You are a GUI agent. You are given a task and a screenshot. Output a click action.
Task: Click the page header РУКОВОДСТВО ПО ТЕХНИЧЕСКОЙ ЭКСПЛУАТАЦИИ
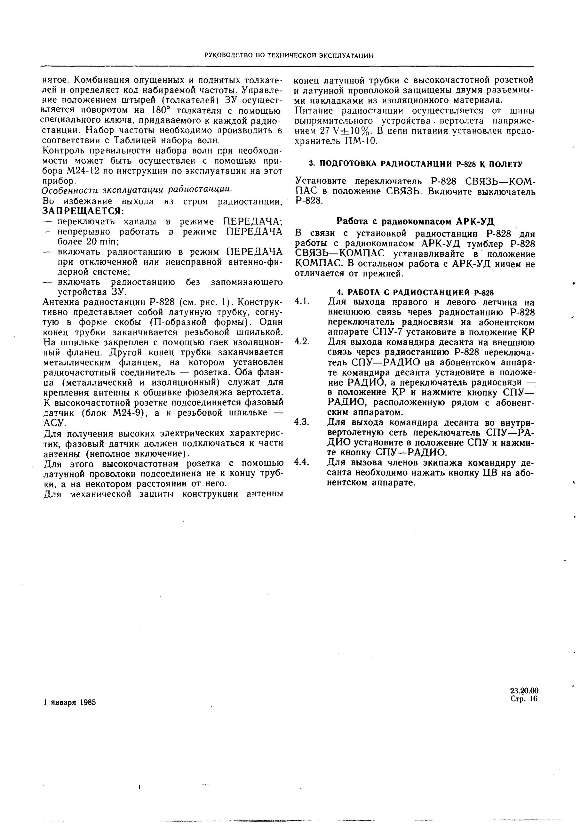click(x=289, y=55)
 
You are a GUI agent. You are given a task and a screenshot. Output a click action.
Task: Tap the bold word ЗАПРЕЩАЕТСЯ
click(x=83, y=211)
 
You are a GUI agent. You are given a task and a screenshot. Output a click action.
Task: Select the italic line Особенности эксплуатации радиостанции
click(x=137, y=189)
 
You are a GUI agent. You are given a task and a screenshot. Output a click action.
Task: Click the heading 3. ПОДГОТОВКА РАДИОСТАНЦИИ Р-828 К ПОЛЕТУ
click(x=416, y=164)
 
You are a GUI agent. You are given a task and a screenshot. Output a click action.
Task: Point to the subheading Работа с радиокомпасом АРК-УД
click(x=416, y=221)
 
